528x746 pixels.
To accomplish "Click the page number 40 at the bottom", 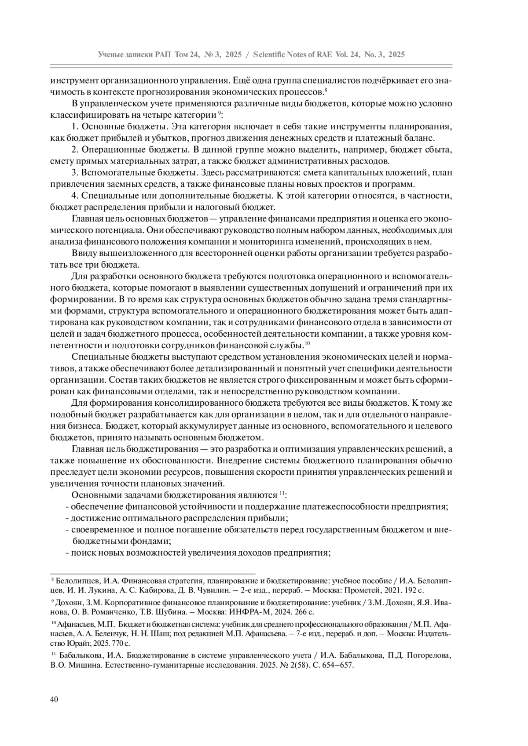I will [x=54, y=699].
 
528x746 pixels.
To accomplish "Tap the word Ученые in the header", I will [x=111, y=55].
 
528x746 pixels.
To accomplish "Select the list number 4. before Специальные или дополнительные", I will [x=74, y=195].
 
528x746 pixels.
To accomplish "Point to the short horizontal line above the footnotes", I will [x=153, y=573].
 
